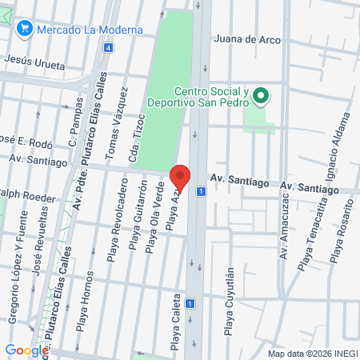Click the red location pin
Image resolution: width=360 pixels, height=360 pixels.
[x=181, y=178]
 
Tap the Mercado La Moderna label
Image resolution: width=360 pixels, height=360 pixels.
[x=89, y=29]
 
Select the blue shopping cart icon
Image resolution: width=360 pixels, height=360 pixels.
[x=24, y=29]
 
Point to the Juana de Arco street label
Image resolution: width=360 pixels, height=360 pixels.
[x=249, y=38]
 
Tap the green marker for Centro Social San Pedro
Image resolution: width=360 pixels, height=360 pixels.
[x=260, y=98]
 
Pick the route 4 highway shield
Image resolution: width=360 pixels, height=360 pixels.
[x=108, y=47]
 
